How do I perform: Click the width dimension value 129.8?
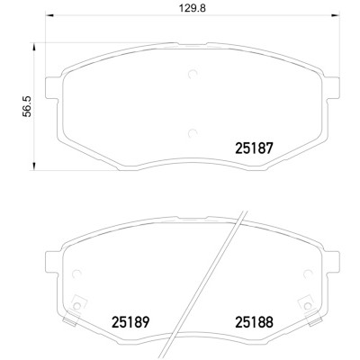coord(193,8)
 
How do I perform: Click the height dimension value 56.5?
coord(27,106)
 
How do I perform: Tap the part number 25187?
coord(255,148)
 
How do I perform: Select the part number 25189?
coord(130,322)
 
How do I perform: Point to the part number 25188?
coord(255,322)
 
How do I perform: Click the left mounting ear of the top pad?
coord(51,88)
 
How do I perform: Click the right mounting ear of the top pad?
coord(332,88)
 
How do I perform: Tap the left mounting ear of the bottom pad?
coord(51,262)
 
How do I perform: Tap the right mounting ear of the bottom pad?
coord(332,262)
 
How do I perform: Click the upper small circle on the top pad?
coord(193,74)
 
